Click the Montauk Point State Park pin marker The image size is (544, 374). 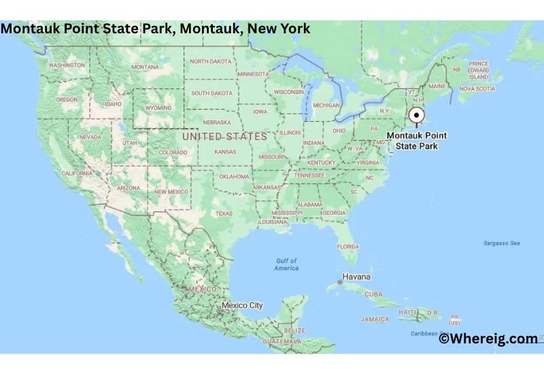pyautogui.click(x=417, y=116)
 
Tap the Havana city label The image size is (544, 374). pyautogui.click(x=356, y=277)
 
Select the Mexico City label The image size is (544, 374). pyautogui.click(x=242, y=305)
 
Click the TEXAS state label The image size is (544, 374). pyautogui.click(x=224, y=214)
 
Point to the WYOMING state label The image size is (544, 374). pyautogui.click(x=158, y=107)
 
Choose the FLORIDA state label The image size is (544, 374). pyautogui.click(x=348, y=246)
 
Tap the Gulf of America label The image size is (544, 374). pyautogui.click(x=286, y=265)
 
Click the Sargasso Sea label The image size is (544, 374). pyautogui.click(x=501, y=243)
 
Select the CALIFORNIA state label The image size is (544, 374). pyautogui.click(x=77, y=173)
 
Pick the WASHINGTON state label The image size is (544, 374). pyautogui.click(x=67, y=65)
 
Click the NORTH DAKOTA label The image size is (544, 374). pyautogui.click(x=210, y=61)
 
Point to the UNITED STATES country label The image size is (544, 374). pyautogui.click(x=224, y=137)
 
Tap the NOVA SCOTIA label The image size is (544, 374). pyautogui.click(x=477, y=88)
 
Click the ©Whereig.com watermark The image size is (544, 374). pyautogui.click(x=488, y=339)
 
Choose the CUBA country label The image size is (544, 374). pyautogui.click(x=374, y=294)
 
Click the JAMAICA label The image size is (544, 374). pyautogui.click(x=375, y=319)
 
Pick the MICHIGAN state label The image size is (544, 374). pyautogui.click(x=326, y=105)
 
